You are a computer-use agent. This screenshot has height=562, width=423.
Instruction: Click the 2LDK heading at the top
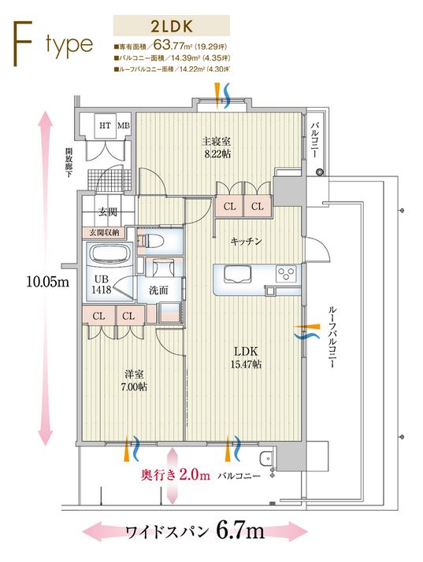pos(172,26)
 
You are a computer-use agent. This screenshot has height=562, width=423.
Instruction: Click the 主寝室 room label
pos(216,141)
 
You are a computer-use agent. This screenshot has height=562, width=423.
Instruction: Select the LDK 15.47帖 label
pos(246,357)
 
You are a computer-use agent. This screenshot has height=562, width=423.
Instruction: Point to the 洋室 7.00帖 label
pos(135,380)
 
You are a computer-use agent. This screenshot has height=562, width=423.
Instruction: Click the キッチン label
pos(246,242)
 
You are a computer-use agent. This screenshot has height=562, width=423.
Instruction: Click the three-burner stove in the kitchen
pos(286,274)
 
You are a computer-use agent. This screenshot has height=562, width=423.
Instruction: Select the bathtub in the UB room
pos(109,255)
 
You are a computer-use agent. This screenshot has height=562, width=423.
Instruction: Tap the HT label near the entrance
pos(105,125)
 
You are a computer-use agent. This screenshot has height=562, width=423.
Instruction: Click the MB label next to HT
pos(124,125)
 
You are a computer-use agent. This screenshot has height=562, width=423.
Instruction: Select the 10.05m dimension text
pos(47,281)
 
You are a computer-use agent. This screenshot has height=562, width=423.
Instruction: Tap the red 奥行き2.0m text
pos(176,475)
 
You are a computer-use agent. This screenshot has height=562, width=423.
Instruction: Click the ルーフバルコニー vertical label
pos(332,338)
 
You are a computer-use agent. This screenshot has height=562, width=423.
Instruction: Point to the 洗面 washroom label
pos(158,290)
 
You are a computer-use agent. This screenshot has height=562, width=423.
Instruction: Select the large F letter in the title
pos(22,44)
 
